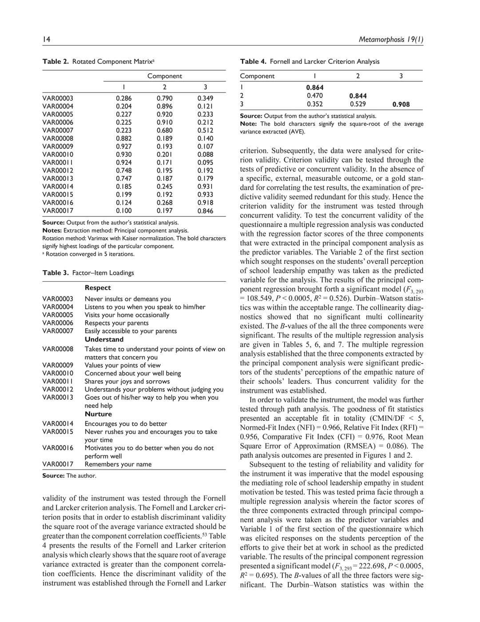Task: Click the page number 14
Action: pos(46,40)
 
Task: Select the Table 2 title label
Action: pos(56,61)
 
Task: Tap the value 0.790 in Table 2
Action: pos(164,98)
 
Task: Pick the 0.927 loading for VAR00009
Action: pos(123,146)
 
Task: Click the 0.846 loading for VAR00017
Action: pos(205,211)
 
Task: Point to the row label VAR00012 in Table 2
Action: pos(58,170)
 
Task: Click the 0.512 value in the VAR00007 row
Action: pos(205,130)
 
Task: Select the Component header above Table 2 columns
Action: pos(164,76)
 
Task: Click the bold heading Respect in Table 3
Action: pos(98,287)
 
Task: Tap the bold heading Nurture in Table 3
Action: pos(98,414)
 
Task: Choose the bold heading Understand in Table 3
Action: pos(104,339)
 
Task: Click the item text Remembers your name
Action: pos(118,464)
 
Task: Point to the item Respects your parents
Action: pos(116,323)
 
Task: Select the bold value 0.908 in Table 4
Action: pos(401,104)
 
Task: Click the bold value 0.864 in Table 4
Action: pos(315,88)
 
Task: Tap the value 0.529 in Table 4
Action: pos(358,104)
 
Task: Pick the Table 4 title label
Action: pos(253,61)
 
